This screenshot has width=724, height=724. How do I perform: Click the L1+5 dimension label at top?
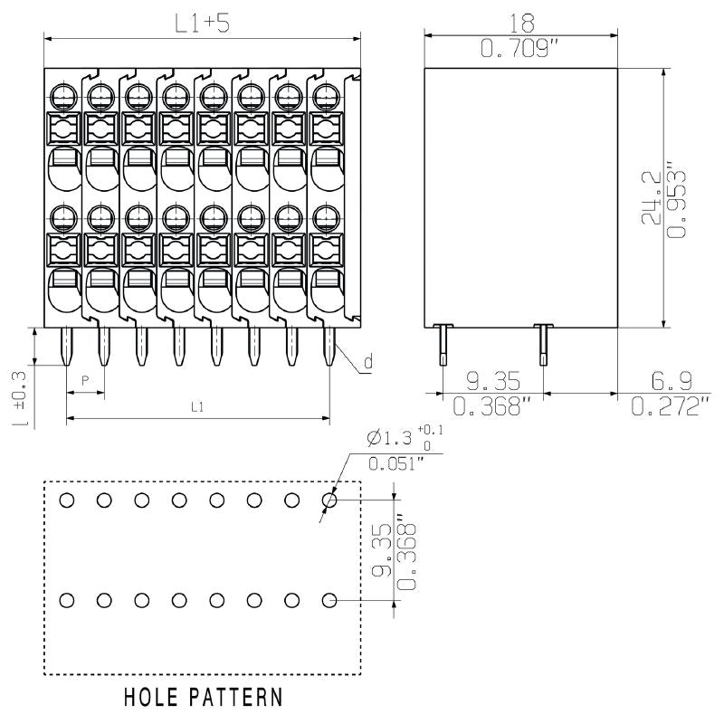tap(202, 24)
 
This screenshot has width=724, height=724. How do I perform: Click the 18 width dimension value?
tap(522, 21)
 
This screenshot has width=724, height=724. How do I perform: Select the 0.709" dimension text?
tap(522, 49)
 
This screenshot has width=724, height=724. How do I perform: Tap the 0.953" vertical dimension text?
tap(675, 200)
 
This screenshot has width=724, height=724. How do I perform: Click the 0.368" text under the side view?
tap(491, 406)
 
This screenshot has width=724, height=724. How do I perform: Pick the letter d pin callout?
tap(367, 363)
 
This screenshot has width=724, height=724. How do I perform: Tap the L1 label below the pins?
tap(196, 407)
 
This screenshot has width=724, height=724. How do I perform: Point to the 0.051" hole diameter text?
tap(396, 464)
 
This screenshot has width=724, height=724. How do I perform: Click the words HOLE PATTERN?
tap(202, 698)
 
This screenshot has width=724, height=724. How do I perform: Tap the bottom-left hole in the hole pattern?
tap(67, 599)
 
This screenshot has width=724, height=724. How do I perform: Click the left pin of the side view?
tap(442, 345)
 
